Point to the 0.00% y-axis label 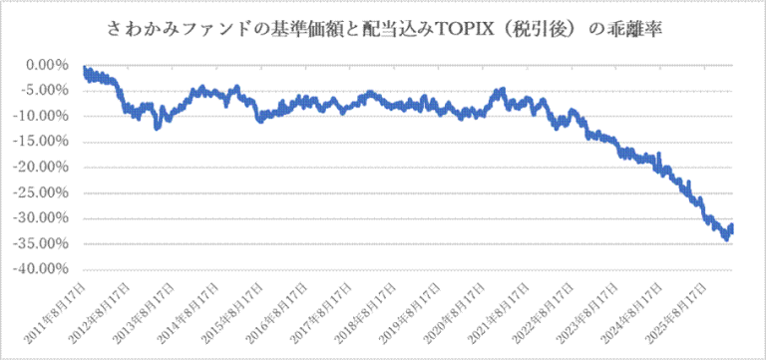47,65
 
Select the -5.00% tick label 45,91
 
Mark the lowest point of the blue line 726,239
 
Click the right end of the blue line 732,228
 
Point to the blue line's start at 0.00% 85,69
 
